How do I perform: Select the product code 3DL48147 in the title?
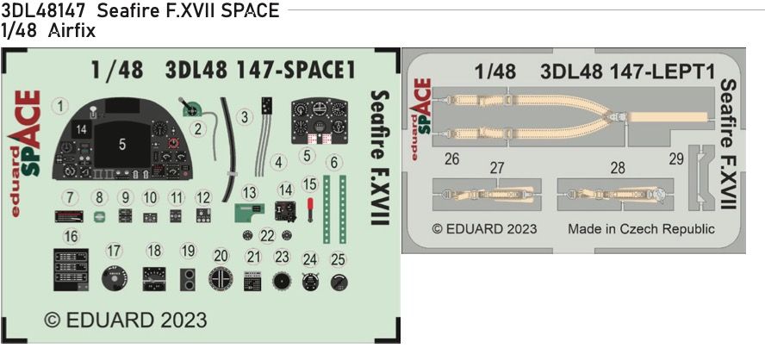pos(43,11)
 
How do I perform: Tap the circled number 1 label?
pos(59,107)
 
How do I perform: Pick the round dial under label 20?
pos(221,279)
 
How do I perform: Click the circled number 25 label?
pos(339,259)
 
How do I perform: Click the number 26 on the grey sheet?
pos(452,158)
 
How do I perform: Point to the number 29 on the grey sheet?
pos(676,158)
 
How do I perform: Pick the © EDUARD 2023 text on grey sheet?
pos(483,229)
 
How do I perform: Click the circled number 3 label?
pos(245,115)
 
